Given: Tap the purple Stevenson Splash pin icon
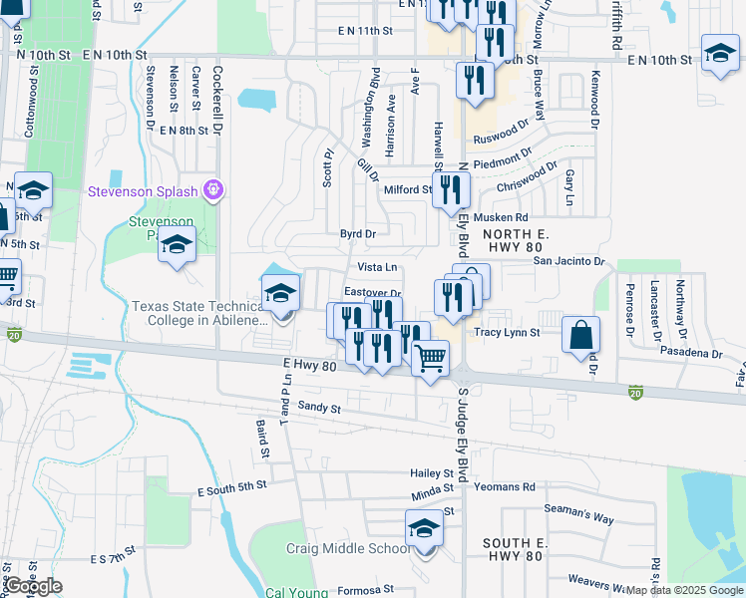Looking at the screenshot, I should (x=210, y=189).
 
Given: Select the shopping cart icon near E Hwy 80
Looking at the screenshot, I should (x=430, y=357).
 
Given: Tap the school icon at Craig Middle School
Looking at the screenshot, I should (x=424, y=528).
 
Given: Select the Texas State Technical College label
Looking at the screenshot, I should (x=199, y=313).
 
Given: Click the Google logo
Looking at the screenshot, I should (x=33, y=586).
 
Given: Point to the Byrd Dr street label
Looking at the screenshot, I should (x=358, y=234).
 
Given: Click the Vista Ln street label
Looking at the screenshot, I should (x=377, y=267).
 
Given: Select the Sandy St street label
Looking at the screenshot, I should (x=320, y=408).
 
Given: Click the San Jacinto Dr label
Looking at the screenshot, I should (x=568, y=261).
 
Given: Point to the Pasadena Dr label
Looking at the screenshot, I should (x=690, y=354).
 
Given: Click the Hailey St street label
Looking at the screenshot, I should (x=432, y=473).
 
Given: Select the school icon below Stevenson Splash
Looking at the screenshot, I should (x=177, y=243).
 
